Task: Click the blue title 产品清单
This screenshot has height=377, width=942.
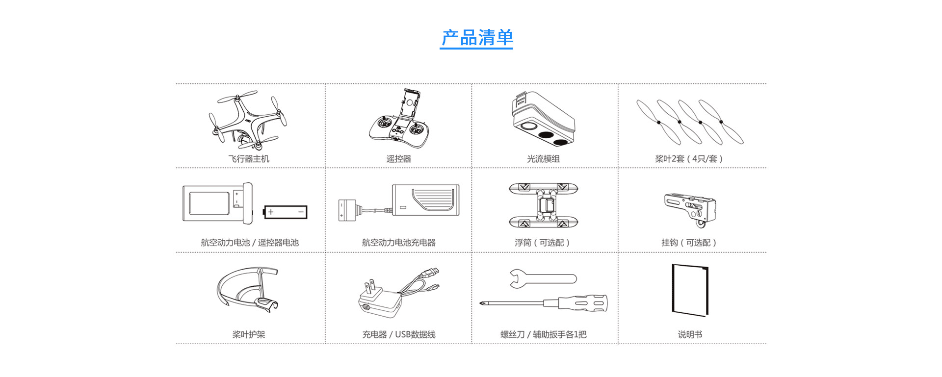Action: (476, 38)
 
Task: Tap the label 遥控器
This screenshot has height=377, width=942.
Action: (398, 159)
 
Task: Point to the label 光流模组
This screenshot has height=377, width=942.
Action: (543, 159)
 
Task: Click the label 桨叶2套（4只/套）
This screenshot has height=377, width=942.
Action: (689, 159)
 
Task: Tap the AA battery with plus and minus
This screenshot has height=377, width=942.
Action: (286, 212)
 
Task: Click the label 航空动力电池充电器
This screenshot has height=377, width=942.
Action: (398, 243)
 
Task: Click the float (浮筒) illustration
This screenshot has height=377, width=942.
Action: (543, 205)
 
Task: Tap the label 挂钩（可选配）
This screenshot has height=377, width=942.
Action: (689, 243)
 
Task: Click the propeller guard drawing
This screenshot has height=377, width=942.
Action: (248, 289)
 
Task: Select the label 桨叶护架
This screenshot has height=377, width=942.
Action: (248, 334)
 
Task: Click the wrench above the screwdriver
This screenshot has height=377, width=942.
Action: (542, 278)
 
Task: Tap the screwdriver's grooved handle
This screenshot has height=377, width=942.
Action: (591, 303)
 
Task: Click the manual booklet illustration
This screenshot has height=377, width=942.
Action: (690, 290)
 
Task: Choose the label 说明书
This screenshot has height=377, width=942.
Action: (690, 334)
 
